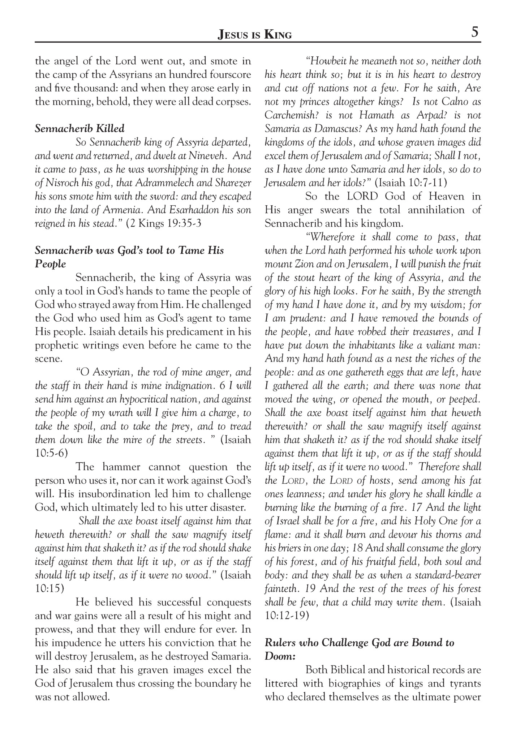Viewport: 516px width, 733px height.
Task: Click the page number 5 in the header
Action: point(475,33)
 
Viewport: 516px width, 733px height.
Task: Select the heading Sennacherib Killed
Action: point(79,128)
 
